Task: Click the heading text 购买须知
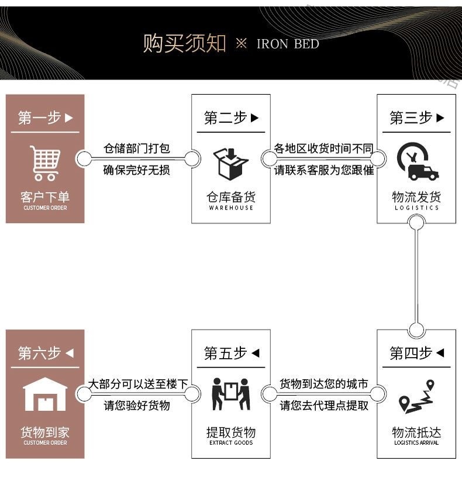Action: click(x=184, y=44)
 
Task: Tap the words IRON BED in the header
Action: click(x=288, y=44)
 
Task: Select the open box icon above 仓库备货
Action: click(x=231, y=163)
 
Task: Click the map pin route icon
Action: click(x=417, y=397)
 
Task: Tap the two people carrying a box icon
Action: click(x=231, y=395)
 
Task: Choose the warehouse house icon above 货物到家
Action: click(x=45, y=395)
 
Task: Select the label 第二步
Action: click(x=225, y=118)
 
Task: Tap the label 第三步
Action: click(x=411, y=118)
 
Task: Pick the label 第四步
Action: click(x=411, y=353)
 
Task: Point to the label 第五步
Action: click(x=225, y=353)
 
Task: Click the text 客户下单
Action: click(x=45, y=197)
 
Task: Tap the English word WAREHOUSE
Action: click(x=231, y=208)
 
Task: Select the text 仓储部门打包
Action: click(x=137, y=148)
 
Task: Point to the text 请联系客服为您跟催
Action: click(x=323, y=171)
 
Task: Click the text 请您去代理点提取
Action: click(x=324, y=406)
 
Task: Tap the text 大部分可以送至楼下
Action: click(x=138, y=384)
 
